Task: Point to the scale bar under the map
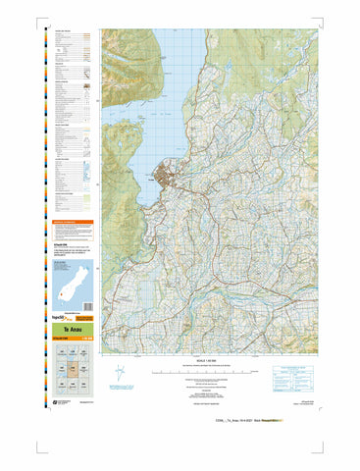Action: coord(211,373)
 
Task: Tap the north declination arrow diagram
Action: coord(119,373)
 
